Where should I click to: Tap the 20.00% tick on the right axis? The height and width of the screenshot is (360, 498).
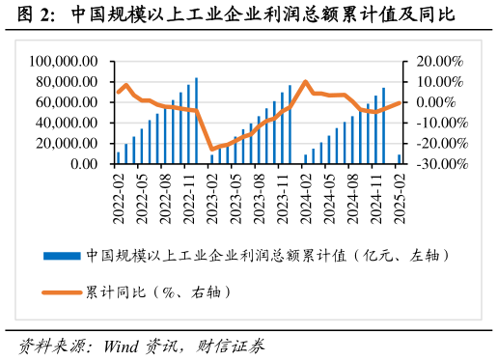(x=441, y=60)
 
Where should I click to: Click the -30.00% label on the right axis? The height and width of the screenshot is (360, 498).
(x=439, y=165)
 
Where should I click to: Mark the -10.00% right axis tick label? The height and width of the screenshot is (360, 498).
(x=439, y=123)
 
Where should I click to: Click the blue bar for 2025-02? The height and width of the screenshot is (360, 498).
(x=400, y=159)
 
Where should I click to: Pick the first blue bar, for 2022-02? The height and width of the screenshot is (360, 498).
(x=119, y=157)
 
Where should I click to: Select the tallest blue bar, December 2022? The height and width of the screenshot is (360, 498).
(x=197, y=121)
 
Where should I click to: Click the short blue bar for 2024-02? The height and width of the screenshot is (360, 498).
(x=306, y=159)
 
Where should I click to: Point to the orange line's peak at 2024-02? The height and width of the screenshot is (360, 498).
(x=306, y=82)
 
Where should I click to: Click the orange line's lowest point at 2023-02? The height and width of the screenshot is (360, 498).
(x=212, y=150)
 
